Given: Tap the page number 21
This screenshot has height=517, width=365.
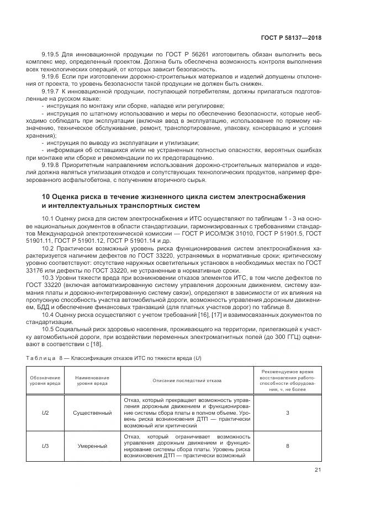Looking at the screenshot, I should pyautogui.click(x=318, y=470).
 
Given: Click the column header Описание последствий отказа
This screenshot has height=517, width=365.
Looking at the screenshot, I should pyautogui.click(x=186, y=380).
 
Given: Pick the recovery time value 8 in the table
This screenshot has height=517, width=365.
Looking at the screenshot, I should pyautogui.click(x=287, y=445).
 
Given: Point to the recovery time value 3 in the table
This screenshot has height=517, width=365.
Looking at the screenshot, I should pyautogui.click(x=287, y=412).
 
